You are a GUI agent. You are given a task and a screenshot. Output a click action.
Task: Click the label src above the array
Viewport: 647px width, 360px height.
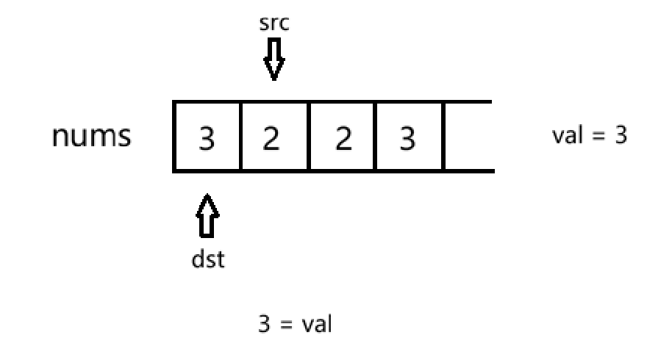click(x=274, y=24)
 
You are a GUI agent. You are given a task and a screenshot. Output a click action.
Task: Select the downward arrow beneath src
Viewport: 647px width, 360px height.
click(x=274, y=59)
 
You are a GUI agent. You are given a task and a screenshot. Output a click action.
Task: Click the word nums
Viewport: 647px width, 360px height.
click(x=92, y=136)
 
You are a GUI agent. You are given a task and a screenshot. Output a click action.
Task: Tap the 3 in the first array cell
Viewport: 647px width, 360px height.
click(x=207, y=139)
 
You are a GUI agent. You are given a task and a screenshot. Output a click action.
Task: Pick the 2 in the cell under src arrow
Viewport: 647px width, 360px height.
click(x=271, y=139)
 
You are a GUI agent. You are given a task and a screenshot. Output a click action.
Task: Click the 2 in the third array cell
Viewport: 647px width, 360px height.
click(x=343, y=139)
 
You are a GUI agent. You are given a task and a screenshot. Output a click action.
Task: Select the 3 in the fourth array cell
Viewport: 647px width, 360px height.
click(x=407, y=139)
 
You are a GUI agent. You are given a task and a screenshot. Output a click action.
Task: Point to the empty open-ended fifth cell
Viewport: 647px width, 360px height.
click(x=469, y=136)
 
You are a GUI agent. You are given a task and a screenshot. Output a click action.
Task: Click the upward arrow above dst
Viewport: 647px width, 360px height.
click(x=207, y=216)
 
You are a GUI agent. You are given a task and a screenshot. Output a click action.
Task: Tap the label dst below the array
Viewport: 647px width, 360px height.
click(x=208, y=260)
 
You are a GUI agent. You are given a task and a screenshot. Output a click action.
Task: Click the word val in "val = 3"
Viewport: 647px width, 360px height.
click(x=568, y=135)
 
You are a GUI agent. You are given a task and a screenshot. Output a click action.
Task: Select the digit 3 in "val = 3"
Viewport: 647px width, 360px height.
click(x=621, y=135)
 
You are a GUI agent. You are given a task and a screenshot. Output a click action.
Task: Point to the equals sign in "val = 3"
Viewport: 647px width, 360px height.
click(x=598, y=136)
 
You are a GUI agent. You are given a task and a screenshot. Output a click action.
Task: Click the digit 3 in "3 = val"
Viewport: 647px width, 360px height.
click(x=265, y=324)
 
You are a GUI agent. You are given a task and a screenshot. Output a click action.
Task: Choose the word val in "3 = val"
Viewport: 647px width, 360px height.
click(x=317, y=324)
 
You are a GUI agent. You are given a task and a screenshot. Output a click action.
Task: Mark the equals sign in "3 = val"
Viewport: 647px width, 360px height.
click(x=286, y=325)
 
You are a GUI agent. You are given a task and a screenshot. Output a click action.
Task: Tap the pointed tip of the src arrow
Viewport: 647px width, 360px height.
click(x=274, y=80)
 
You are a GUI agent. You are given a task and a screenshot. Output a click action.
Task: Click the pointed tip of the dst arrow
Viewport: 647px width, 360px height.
click(x=207, y=194)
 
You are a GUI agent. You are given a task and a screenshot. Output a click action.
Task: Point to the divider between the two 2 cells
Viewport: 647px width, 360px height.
click(x=309, y=136)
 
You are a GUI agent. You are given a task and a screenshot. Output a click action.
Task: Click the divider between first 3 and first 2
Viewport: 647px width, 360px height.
click(x=240, y=136)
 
